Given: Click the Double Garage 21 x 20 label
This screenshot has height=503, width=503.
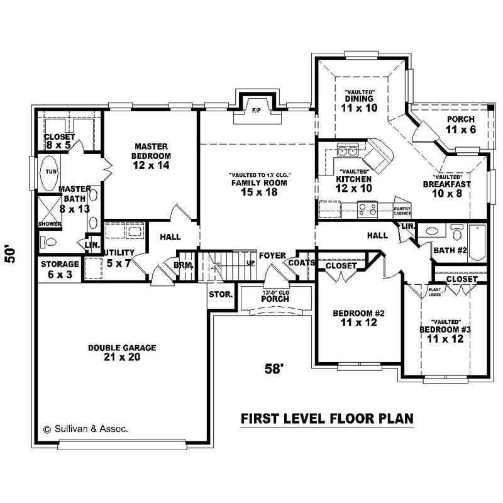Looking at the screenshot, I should point(122,352).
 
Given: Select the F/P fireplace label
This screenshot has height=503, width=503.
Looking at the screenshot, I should point(256,111).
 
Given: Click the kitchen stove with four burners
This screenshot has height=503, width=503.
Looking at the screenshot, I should point(367,208).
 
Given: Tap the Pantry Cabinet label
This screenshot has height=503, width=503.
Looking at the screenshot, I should point(402,211).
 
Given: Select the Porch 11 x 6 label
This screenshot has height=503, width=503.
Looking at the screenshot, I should point(461,124).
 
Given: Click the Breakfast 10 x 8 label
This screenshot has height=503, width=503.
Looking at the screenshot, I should point(446,189).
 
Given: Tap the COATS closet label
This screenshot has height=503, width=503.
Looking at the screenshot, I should point(301,262).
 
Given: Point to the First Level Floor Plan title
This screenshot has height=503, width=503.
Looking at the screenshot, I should point(328,417).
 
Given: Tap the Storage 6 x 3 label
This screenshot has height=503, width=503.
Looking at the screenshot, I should point(60,268).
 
